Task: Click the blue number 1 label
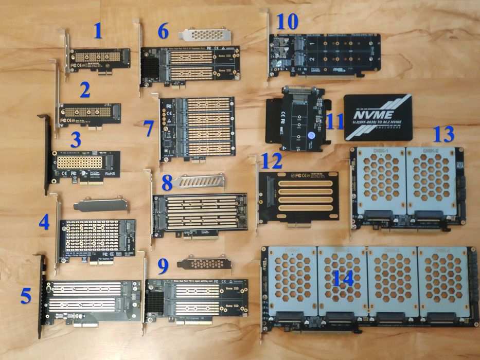(x=98, y=32)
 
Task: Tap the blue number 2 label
(x=85, y=91)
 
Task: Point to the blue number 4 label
(x=45, y=222)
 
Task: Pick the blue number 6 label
(x=163, y=31)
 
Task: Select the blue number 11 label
(x=335, y=121)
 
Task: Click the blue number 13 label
(x=443, y=134)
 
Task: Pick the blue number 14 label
(x=342, y=279)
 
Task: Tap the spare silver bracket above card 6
(x=204, y=35)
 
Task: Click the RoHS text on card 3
(x=110, y=174)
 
